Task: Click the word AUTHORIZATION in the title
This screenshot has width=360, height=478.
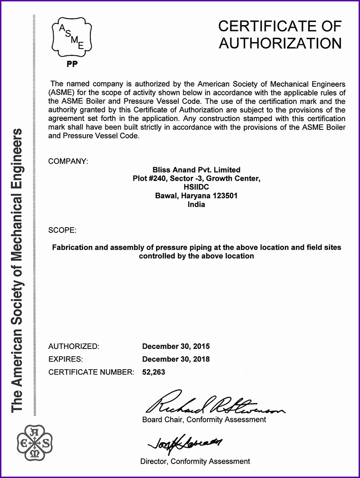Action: coord(280,43)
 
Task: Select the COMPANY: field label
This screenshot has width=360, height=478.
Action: coord(68,161)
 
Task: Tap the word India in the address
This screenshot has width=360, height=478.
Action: coord(196,204)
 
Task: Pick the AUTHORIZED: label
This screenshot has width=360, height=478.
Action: coord(73,346)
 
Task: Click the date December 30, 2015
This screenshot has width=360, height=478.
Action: coord(176,346)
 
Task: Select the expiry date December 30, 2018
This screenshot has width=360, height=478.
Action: coord(176,359)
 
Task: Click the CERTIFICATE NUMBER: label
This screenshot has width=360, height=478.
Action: coord(91,372)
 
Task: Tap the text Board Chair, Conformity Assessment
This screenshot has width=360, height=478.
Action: coord(204,420)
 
